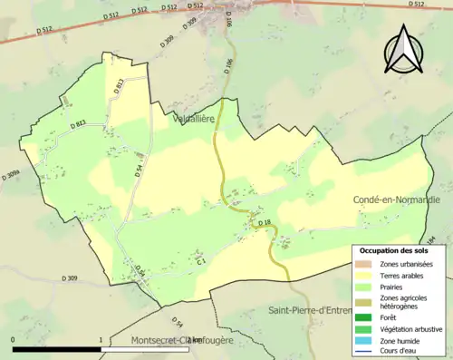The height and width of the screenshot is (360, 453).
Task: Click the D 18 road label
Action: click(x=265, y=222)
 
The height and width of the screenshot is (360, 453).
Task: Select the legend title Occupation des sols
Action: click(x=395, y=250)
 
